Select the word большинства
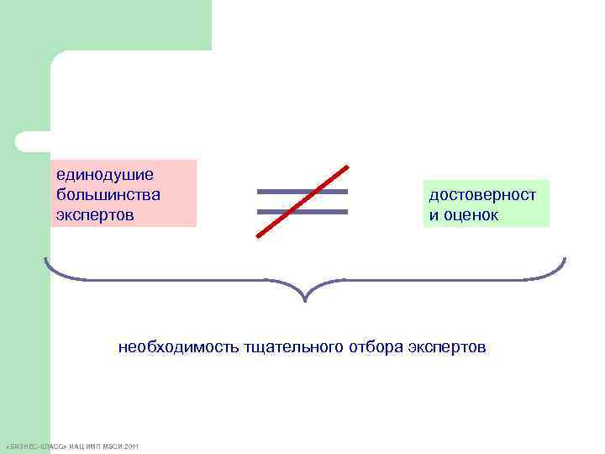click(x=108, y=195)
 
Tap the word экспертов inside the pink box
click(x=95, y=215)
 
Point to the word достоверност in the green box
click(x=482, y=195)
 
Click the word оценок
click(x=471, y=216)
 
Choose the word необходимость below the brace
click(x=177, y=346)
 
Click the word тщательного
click(x=293, y=346)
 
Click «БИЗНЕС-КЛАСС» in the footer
click(x=35, y=446)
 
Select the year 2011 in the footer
click(x=131, y=446)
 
